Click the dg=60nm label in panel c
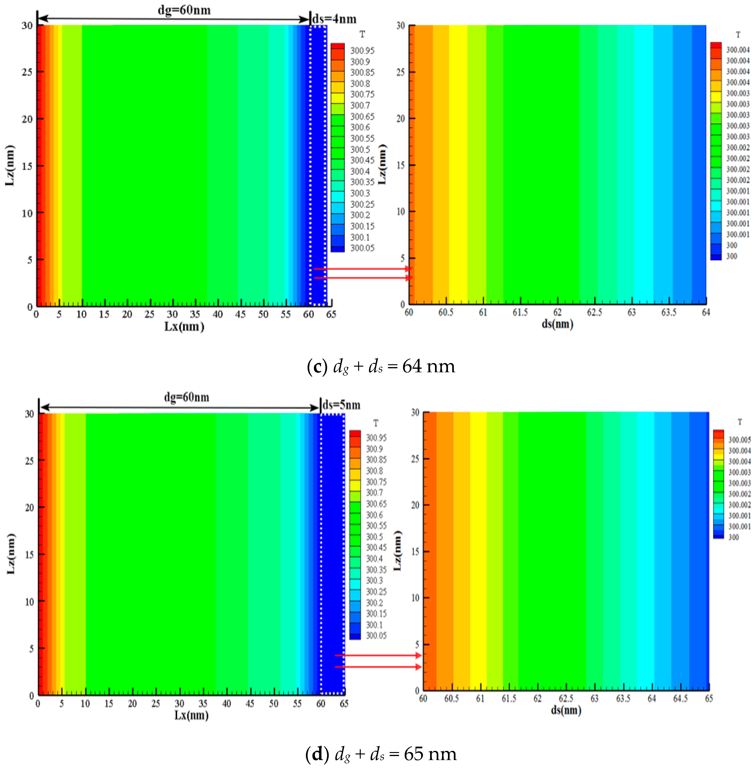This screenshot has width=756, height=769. tap(184, 10)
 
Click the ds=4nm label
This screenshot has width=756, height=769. tap(334, 19)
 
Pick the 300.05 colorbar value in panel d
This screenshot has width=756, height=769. tap(376, 636)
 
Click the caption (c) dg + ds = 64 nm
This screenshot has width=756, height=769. tap(381, 366)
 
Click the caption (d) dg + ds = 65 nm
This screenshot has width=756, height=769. tap(381, 754)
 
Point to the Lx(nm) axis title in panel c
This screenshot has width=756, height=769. tap(184, 327)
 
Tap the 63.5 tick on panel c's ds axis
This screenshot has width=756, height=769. tap(669, 312)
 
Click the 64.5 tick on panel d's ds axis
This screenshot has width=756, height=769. tap(680, 698)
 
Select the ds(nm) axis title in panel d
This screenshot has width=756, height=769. tap(566, 710)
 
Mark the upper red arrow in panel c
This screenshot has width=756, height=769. tap(362, 269)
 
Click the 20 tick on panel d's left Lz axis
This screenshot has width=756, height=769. tap(29, 508)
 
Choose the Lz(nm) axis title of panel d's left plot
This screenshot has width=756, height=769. tap(11, 554)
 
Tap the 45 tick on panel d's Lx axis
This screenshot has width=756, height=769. tap(250, 703)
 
